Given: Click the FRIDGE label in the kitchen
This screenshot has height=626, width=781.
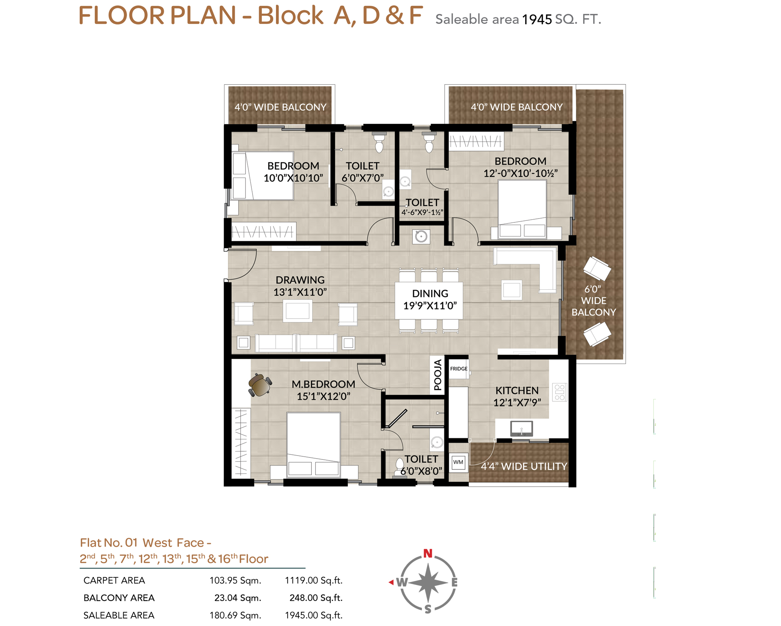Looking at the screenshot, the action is click(x=458, y=369).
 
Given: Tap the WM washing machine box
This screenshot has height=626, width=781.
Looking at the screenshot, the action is click(x=458, y=462).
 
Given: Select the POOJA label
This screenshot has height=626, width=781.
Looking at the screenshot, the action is click(x=438, y=375).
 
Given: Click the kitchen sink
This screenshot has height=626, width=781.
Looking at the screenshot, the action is click(x=521, y=428).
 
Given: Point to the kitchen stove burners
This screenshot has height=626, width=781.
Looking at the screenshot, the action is click(x=559, y=392).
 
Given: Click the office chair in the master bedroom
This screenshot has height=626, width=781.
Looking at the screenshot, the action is click(x=260, y=385).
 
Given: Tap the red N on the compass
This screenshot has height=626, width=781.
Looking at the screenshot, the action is click(x=428, y=553).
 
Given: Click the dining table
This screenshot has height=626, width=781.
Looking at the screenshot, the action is click(x=429, y=300).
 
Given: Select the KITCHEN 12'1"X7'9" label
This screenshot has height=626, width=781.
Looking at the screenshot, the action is click(x=517, y=396).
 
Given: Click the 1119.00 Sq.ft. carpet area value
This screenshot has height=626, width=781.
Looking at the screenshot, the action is click(x=313, y=580).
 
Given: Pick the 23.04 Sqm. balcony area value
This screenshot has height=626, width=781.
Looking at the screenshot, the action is click(x=237, y=598).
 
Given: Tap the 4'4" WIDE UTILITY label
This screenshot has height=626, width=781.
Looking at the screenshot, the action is click(x=524, y=466).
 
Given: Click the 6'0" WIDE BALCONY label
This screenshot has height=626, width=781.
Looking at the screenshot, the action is click(x=594, y=300).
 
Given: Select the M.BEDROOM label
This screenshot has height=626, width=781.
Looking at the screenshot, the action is click(x=323, y=384).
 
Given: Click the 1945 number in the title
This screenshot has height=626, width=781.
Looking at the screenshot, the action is click(x=537, y=19).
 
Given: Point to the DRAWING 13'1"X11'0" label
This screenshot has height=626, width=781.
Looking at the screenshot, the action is click(x=300, y=286).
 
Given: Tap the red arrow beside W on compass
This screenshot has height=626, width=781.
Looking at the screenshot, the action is click(x=391, y=582).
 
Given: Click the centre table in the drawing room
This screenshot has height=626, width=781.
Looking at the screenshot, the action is click(x=298, y=311).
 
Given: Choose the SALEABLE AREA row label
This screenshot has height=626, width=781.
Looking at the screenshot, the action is click(x=119, y=615).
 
